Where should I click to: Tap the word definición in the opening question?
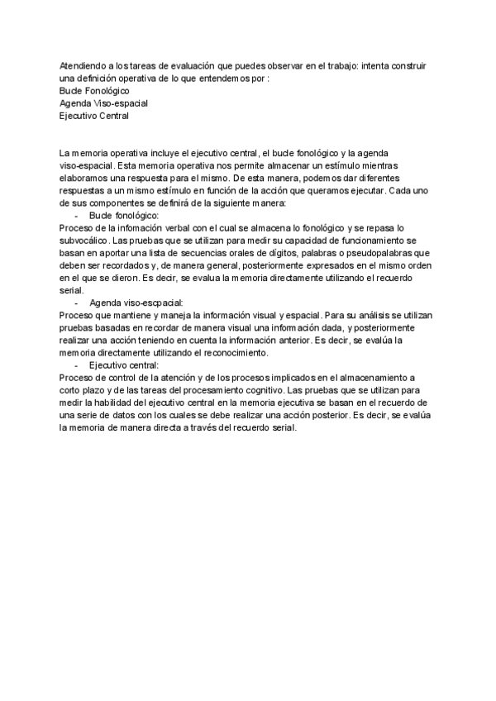(103, 78)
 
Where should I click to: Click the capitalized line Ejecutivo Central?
(94, 116)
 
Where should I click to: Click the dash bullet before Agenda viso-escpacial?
(77, 303)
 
